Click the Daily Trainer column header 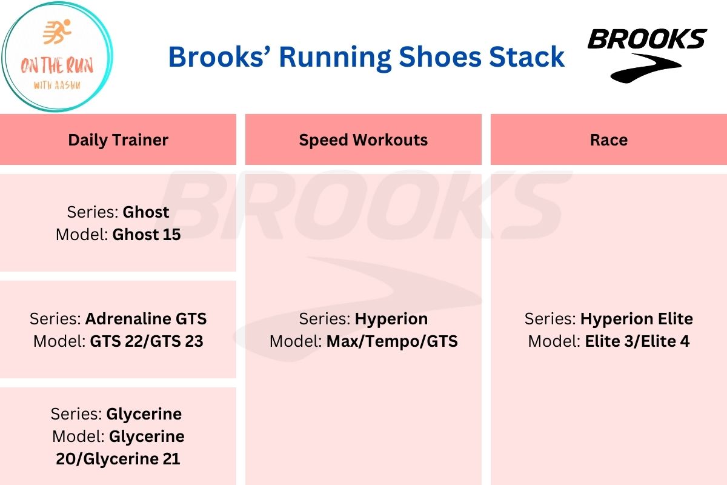(118, 140)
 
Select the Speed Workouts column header (363, 140)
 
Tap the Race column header (609, 140)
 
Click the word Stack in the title (526, 57)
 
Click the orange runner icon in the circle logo (57, 32)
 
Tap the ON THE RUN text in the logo (57, 65)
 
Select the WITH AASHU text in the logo (57, 85)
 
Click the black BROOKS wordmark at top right (647, 39)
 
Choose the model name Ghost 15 (147, 235)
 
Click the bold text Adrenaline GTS (146, 319)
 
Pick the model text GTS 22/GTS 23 (147, 341)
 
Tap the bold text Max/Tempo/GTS (392, 341)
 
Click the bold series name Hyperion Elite (637, 319)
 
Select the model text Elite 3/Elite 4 (637, 341)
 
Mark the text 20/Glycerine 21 (118, 459)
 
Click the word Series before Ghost (93, 212)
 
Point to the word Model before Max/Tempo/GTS (296, 341)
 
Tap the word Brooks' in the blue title (221, 57)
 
